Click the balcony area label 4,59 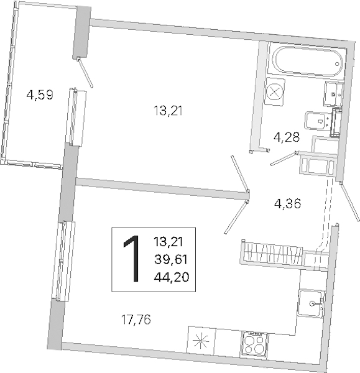coord(40,95)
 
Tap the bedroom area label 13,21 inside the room coord(168,111)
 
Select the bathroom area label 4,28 coord(287,137)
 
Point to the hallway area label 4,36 coord(287,204)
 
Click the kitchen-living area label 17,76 coord(136,320)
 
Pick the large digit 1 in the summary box coord(132,259)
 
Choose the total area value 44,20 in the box coord(172,277)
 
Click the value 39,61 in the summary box coord(171,259)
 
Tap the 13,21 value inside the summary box coord(168,242)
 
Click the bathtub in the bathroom coord(308,61)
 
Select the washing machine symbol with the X coord(275,92)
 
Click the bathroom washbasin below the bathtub coord(333,94)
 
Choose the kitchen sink coord(310,303)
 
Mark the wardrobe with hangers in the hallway coord(272,254)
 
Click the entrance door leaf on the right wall coord(349,201)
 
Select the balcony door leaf coord(85,72)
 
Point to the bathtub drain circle coord(337,64)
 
